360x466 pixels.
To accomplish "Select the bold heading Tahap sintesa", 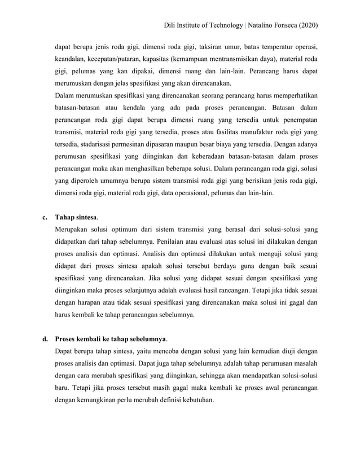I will click(x=76, y=217).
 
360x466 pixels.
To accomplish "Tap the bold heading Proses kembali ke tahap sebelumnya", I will click(x=111, y=340).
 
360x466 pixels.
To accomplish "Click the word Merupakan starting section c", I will click(x=73, y=229).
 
